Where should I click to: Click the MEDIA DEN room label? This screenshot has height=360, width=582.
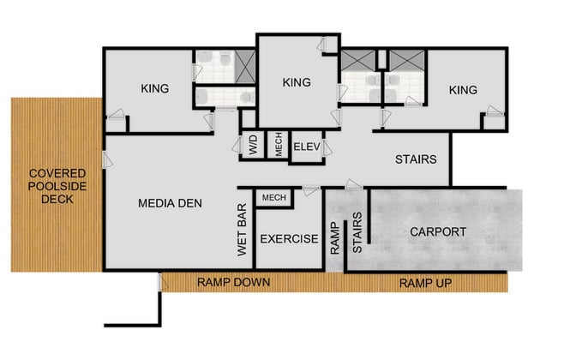(x=170, y=203)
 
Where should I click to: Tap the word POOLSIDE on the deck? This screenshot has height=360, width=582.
(x=51, y=185)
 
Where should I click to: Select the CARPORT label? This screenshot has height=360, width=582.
(x=437, y=231)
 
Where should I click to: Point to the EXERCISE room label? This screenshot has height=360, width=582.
(x=288, y=238)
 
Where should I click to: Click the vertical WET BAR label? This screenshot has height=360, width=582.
(x=242, y=231)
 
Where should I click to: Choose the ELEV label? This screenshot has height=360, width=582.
(x=306, y=147)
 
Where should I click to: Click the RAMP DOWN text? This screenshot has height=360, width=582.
(x=234, y=282)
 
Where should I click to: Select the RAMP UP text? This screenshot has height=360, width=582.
(x=426, y=282)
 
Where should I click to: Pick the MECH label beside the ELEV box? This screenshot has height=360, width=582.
(x=279, y=146)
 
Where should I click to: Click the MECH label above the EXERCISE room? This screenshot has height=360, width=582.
(x=273, y=197)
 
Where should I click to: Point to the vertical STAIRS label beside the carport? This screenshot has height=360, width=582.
(x=358, y=235)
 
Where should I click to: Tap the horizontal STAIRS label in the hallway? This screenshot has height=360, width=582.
(x=416, y=159)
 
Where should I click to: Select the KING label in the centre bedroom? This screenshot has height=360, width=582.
(x=296, y=82)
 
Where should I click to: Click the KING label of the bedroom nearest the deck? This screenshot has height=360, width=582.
(x=154, y=88)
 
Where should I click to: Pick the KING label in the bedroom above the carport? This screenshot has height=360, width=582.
(x=462, y=89)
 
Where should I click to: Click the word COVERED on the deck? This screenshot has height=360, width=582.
(x=51, y=171)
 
